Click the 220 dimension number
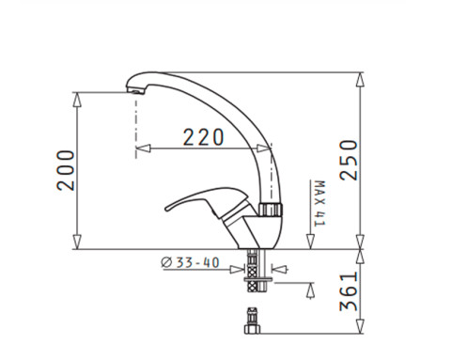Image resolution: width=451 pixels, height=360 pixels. tap(203, 137)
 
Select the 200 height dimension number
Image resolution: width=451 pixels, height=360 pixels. tap(66, 170)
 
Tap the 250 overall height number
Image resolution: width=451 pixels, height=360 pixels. tap(349, 160)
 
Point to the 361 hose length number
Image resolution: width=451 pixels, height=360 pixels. tap(349, 291)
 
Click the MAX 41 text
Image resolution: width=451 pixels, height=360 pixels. tap(319, 203)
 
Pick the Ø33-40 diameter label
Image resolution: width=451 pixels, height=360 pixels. tap(190, 262)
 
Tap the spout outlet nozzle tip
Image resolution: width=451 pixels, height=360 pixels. tap(135, 91)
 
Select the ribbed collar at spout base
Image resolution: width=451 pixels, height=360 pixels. tap(271, 210)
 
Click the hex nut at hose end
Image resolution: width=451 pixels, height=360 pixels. tap(252, 329)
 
